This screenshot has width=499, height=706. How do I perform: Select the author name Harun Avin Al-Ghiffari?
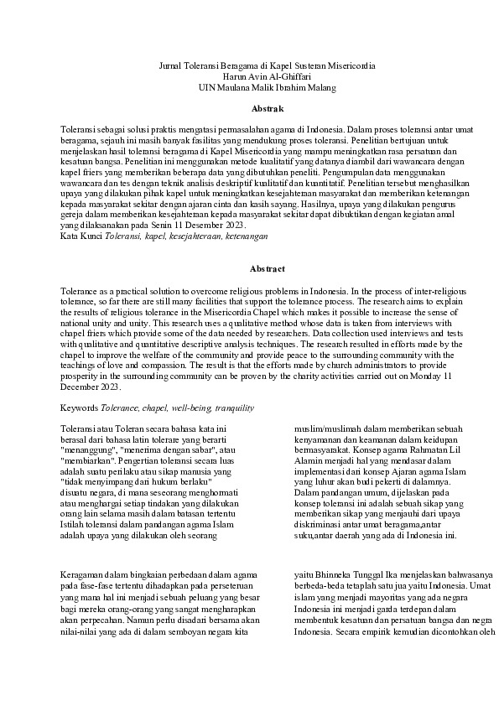[x=249, y=75]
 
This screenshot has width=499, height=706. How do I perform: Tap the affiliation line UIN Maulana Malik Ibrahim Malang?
[x=249, y=86]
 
